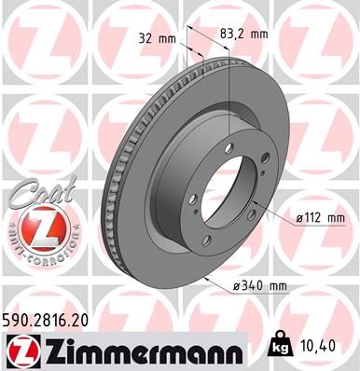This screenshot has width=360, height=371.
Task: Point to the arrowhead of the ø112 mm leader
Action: pos(256,203)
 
